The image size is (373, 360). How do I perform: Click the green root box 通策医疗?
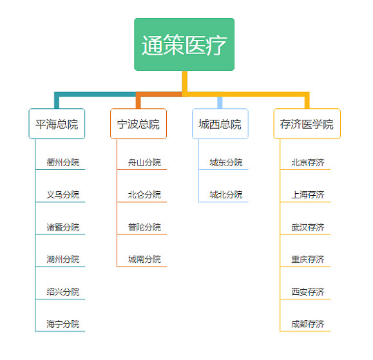184,44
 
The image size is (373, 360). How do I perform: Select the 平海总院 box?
57,124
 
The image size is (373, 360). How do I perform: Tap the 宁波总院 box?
139,124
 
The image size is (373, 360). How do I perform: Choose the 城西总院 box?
220,124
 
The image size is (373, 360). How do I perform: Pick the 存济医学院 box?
307,124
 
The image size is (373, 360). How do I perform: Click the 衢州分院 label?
63,162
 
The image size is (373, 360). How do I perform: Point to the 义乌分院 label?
63,194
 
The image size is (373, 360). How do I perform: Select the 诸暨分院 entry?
63,227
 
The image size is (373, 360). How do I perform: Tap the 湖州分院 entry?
63,260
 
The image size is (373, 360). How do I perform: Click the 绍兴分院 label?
63,292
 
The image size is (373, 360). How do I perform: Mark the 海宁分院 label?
63,324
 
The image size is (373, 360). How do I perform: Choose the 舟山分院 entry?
144,162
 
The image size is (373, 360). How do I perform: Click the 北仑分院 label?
144,194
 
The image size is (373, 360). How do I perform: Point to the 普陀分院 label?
144,227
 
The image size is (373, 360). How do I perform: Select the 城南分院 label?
144,260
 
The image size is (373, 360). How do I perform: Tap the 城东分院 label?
226,162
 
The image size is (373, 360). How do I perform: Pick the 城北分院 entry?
226,194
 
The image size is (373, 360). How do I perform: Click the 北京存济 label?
308,162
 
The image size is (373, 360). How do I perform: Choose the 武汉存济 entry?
308,227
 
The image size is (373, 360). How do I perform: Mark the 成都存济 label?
308,324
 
